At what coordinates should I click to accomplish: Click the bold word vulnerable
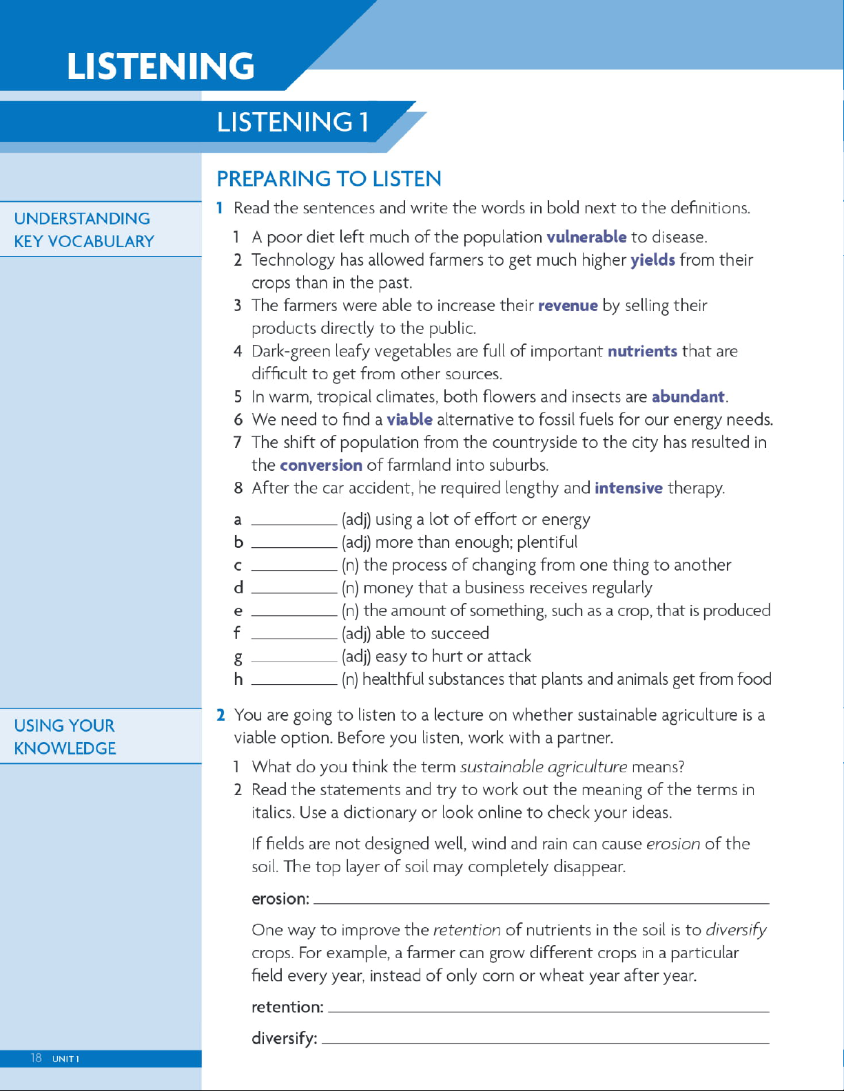tap(586, 237)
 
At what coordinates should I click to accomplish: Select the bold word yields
tap(652, 260)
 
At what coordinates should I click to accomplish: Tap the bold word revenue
tap(568, 306)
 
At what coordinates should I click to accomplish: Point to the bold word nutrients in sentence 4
tap(642, 351)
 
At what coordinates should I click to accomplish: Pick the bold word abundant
tap(688, 397)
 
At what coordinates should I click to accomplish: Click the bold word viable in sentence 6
tap(409, 420)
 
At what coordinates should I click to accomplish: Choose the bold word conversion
tap(321, 465)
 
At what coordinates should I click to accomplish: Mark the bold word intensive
tap(628, 488)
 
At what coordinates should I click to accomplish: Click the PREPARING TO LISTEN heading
tap(329, 179)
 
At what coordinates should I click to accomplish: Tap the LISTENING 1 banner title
tap(293, 123)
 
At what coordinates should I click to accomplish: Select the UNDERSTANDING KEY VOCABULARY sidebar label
tap(84, 230)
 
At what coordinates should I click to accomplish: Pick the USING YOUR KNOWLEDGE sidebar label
tap(65, 737)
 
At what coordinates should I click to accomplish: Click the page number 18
tap(36, 1058)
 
